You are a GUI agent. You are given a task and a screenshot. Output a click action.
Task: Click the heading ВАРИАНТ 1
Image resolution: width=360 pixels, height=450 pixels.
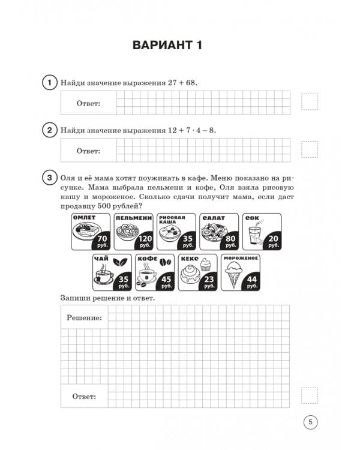(167, 46)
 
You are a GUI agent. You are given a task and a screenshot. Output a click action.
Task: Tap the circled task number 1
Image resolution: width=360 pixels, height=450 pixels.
(49, 82)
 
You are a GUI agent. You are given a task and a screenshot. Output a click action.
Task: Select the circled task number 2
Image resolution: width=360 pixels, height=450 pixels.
(49, 130)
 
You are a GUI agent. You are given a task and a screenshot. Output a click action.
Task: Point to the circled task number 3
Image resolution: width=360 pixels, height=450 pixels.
(49, 178)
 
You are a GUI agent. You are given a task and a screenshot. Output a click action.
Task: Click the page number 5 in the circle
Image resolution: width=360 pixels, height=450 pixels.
(310, 422)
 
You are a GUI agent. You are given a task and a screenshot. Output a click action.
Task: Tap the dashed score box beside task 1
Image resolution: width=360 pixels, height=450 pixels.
(310, 102)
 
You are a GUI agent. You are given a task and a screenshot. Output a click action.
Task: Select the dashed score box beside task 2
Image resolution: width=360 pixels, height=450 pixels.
(310, 149)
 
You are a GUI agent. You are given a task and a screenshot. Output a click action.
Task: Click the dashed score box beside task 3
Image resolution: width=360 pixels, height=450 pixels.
(310, 395)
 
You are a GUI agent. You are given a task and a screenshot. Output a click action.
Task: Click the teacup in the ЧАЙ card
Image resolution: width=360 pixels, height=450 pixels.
(103, 276)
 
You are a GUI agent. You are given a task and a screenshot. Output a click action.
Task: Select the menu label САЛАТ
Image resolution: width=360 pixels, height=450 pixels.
(214, 218)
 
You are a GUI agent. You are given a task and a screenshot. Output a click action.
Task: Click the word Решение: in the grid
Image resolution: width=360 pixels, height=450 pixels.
(84, 317)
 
